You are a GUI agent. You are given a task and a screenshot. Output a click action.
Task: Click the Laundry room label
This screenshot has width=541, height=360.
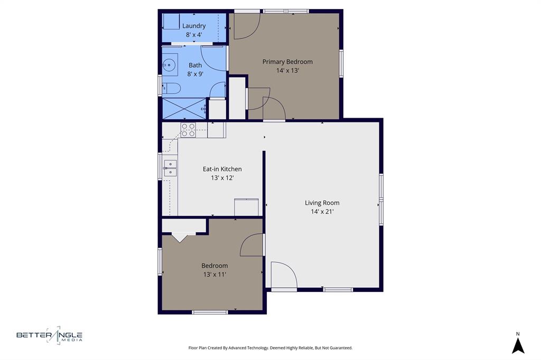pos(194,26)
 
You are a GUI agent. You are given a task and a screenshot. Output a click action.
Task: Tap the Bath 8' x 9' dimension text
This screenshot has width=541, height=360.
pos(195,74)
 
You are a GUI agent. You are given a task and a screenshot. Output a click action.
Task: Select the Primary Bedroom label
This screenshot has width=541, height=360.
pos(287,62)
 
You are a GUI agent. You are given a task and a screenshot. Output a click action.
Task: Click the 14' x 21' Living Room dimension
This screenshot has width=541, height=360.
pos(322,211)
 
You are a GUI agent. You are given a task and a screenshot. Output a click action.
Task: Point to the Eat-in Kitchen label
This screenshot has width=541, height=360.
pos(222,169)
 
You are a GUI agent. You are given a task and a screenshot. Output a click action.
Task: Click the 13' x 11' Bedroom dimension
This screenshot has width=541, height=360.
pos(214,274)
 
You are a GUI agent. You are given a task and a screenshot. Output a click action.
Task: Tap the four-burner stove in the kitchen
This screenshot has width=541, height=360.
pos(188,130)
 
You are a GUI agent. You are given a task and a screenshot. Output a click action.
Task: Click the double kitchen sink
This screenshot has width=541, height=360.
pos(170,168)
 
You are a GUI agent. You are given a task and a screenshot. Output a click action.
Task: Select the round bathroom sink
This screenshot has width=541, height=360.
pos(169,65)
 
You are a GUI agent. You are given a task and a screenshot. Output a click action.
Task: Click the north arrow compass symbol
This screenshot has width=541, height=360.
pos(518,344)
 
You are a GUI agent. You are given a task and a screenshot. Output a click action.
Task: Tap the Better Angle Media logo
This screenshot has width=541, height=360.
pos(50,335)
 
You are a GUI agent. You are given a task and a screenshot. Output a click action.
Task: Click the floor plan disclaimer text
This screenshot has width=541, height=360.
pos(270,348)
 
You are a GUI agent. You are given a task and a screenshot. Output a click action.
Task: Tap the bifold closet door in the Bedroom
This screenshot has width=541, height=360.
pos(180,237)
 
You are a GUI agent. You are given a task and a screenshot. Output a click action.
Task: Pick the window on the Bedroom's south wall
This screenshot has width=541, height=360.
pos(210,312)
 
